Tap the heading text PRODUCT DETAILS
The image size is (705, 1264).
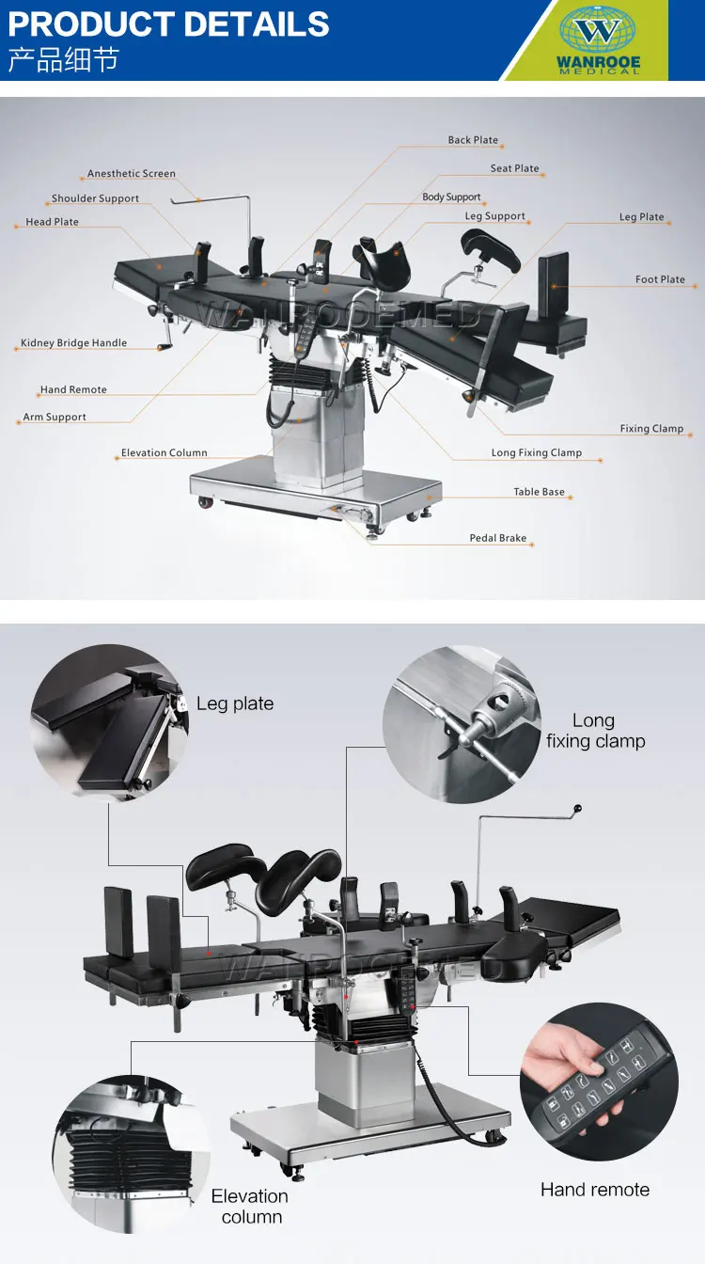(169, 24)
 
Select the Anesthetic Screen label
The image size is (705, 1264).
(132, 174)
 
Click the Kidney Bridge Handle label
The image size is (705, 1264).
(74, 343)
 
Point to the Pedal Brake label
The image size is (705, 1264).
(498, 539)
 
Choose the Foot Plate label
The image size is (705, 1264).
(660, 279)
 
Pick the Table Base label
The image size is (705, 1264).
(539, 492)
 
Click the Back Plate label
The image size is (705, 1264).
(473, 140)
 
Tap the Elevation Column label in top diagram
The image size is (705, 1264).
(164, 453)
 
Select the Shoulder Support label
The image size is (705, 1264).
(95, 199)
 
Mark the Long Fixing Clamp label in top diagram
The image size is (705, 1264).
(537, 453)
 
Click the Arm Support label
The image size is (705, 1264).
(55, 418)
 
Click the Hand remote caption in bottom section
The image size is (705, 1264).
(595, 1190)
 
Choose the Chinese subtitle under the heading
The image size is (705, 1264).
(64, 59)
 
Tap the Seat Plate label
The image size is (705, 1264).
(515, 169)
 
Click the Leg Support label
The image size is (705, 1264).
(495, 216)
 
